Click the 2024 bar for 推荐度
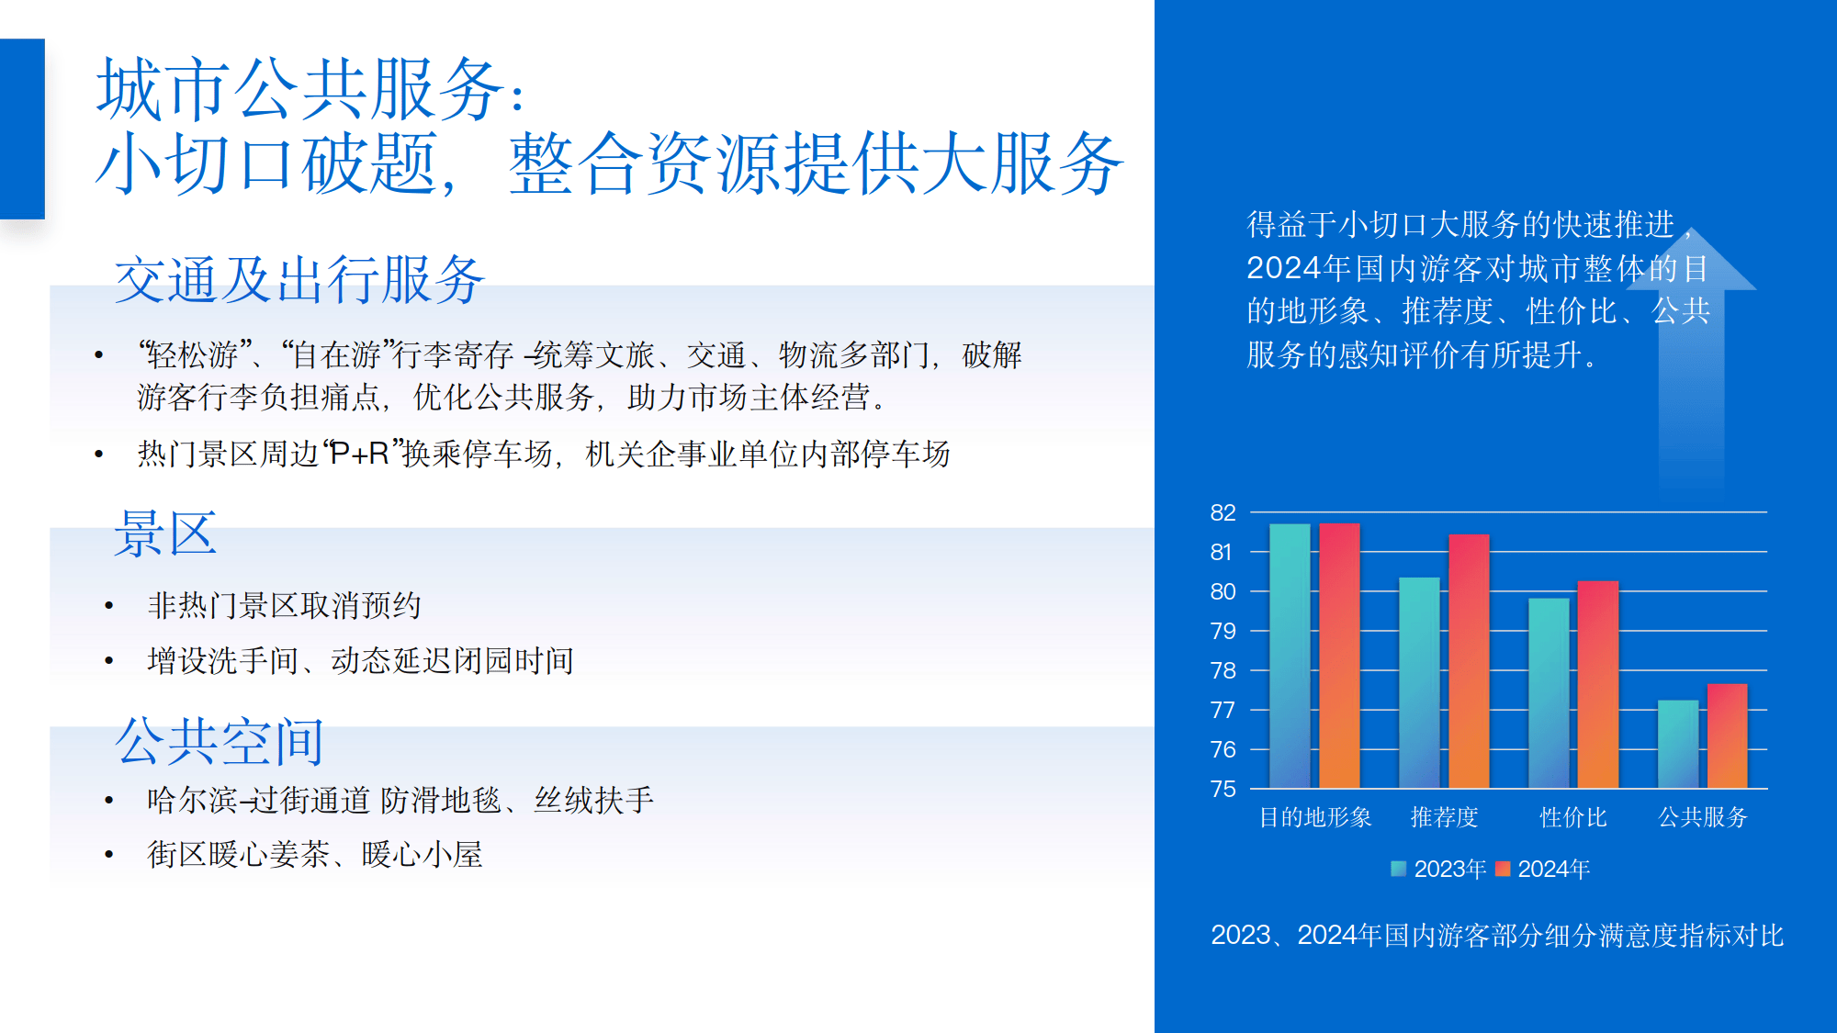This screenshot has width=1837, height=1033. [x=1469, y=661]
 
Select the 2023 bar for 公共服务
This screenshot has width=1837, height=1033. [x=1678, y=744]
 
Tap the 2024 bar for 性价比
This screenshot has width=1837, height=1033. [x=1598, y=684]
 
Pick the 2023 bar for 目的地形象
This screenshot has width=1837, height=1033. [x=1290, y=656]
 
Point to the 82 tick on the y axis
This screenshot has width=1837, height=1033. [x=1223, y=512]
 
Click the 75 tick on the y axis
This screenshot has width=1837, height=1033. [x=1223, y=789]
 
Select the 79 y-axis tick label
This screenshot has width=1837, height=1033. [x=1223, y=631]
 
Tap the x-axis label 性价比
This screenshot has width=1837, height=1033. [x=1573, y=817]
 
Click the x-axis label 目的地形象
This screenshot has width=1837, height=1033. [x=1315, y=817]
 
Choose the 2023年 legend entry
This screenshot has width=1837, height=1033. [x=1439, y=869]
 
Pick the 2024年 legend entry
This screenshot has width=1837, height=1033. [x=1543, y=869]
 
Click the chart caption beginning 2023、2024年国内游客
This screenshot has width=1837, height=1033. [x=1497, y=935]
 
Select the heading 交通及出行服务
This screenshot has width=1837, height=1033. [x=299, y=280]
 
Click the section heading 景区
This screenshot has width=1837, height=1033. [x=165, y=533]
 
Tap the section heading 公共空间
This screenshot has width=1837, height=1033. [x=220, y=741]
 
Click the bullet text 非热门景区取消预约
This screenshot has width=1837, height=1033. [x=285, y=605]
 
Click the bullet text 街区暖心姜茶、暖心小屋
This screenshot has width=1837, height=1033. [x=315, y=855]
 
